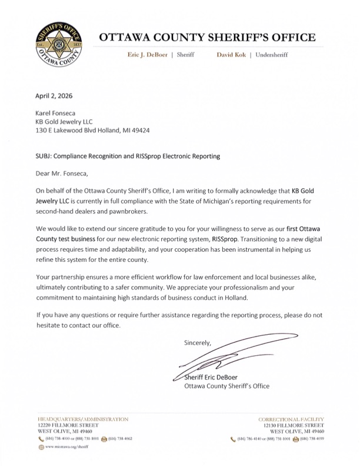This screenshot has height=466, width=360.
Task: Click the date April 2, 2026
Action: point(54,96)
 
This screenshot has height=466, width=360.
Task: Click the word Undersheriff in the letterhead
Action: point(276,55)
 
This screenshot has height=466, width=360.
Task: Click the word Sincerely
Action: point(197,342)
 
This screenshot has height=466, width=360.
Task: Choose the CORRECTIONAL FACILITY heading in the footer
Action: point(291,419)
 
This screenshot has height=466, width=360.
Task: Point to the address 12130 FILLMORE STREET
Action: point(291,425)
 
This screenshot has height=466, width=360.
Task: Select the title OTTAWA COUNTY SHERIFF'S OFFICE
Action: point(207,37)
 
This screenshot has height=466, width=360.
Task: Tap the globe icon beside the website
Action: point(40,448)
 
